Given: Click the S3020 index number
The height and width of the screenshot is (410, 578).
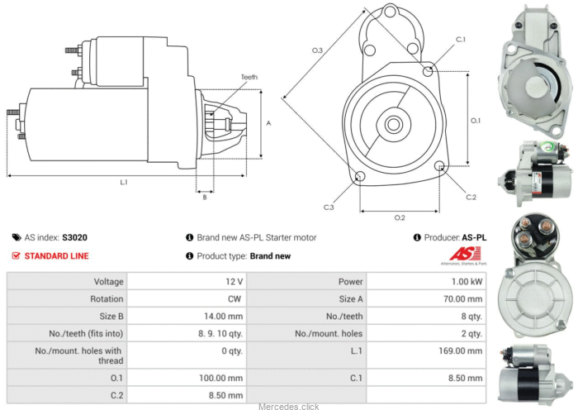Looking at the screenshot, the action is [x=75, y=237].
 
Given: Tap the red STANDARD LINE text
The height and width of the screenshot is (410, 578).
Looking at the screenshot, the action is [x=56, y=256].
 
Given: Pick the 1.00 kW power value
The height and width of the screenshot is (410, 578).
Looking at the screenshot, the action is [x=467, y=282].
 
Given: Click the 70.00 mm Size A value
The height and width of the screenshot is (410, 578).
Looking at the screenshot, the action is [x=463, y=299].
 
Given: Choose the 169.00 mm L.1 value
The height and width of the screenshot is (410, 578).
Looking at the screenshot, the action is [x=461, y=350].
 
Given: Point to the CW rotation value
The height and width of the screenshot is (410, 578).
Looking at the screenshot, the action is [x=235, y=299].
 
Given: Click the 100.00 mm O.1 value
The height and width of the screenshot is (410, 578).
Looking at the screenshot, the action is [x=220, y=378].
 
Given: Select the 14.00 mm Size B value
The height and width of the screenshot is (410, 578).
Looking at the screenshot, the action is [x=224, y=317].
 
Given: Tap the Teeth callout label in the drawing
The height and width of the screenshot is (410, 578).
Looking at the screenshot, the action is [x=249, y=77].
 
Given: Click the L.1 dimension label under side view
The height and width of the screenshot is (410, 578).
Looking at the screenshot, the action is [x=124, y=182].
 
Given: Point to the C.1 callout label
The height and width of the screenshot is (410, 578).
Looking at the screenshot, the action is [x=461, y=40].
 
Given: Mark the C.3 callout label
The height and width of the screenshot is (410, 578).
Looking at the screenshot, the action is [x=329, y=207].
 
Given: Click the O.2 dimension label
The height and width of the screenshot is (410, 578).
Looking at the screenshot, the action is [x=400, y=217].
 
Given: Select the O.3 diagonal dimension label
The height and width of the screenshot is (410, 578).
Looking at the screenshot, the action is [x=317, y=50].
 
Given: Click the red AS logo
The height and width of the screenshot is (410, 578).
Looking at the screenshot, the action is [x=465, y=254].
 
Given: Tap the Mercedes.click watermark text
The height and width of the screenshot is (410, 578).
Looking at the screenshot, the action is [x=289, y=407].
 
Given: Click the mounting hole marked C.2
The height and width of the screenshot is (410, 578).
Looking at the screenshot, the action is [x=439, y=166].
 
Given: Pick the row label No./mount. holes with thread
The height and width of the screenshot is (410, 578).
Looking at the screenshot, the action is [x=78, y=355].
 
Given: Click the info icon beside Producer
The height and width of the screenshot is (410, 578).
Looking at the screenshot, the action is [x=417, y=237].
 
